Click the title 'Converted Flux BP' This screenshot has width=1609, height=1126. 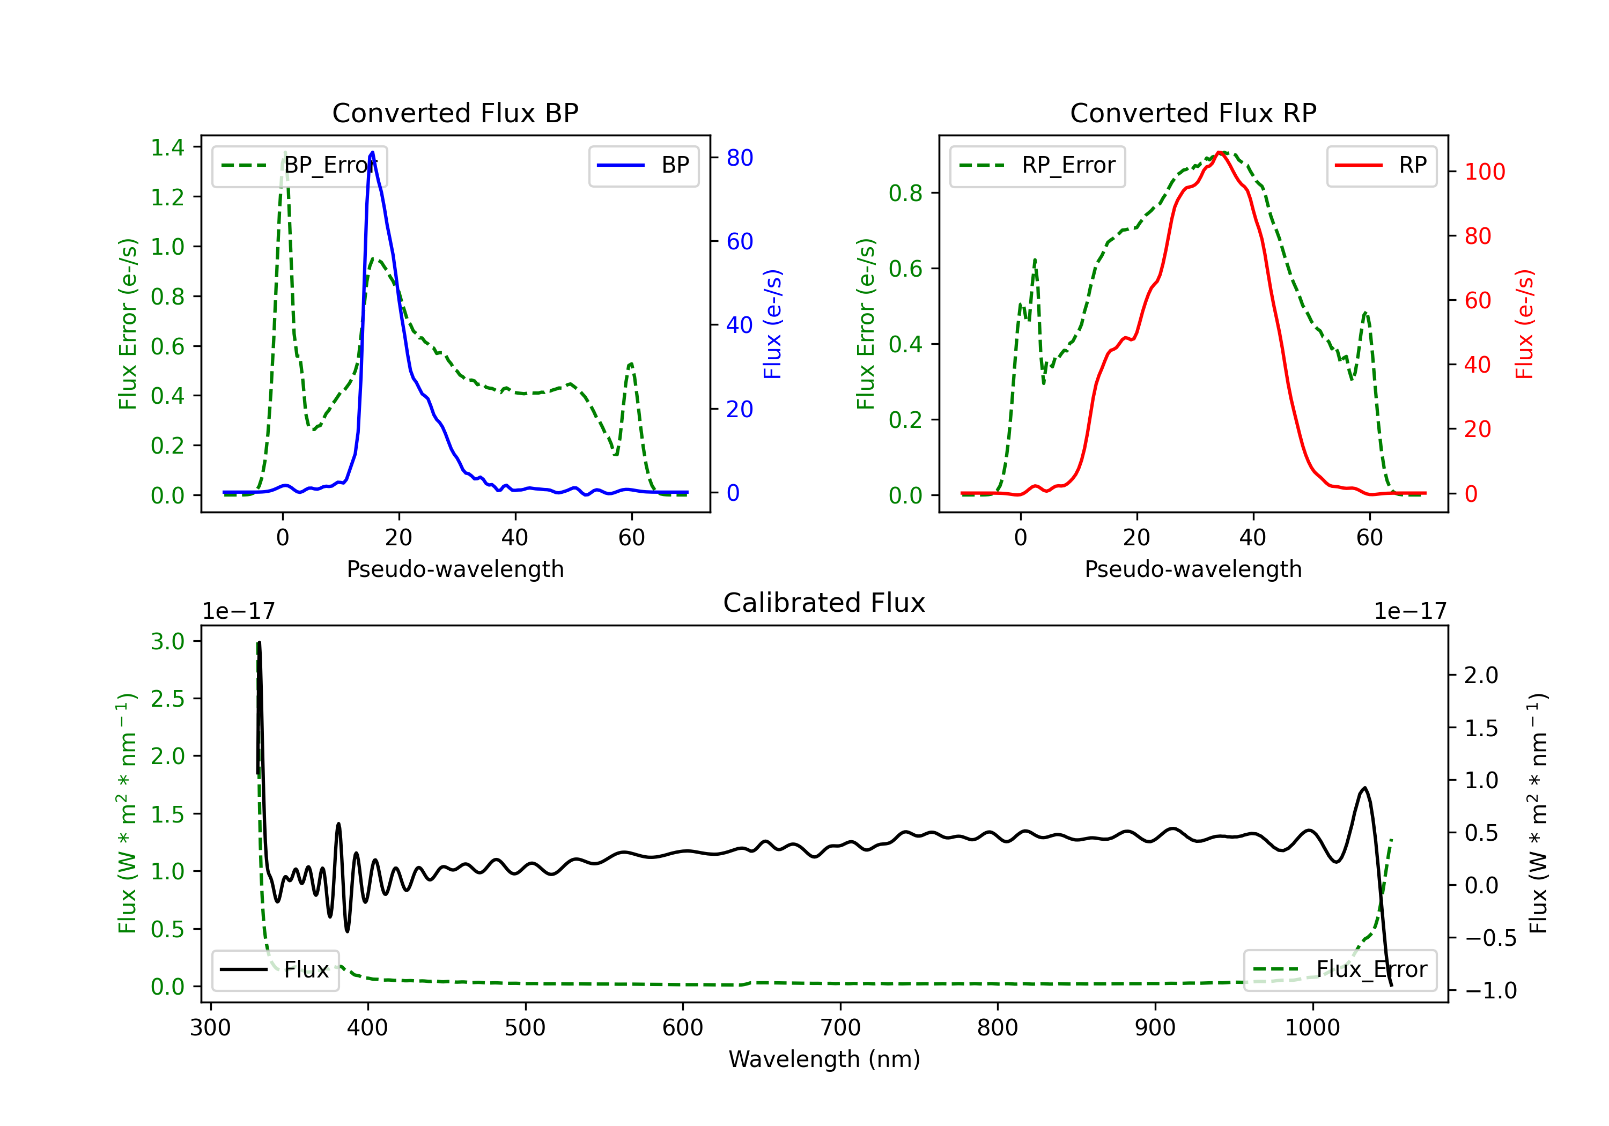(x=455, y=113)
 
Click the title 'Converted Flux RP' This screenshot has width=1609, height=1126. (x=1193, y=113)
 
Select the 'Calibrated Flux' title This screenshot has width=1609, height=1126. (x=824, y=603)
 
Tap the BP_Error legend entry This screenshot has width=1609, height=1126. (x=299, y=165)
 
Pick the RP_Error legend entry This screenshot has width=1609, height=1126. (x=1037, y=165)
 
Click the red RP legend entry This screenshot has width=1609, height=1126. (x=1381, y=165)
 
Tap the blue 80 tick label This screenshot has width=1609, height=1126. (x=740, y=158)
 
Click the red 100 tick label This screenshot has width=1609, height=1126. (x=1485, y=172)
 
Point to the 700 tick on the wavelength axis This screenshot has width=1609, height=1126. (x=840, y=1027)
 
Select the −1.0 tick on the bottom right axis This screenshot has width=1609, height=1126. (x=1490, y=990)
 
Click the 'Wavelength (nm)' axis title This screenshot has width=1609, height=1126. (x=824, y=1059)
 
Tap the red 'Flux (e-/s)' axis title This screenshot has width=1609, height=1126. (x=1525, y=324)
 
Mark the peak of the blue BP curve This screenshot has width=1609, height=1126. (x=372, y=152)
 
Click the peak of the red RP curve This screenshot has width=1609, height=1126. (x=1220, y=152)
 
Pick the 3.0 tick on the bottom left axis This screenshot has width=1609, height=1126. (x=167, y=641)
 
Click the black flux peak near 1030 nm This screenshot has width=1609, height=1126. (x=1364, y=788)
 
